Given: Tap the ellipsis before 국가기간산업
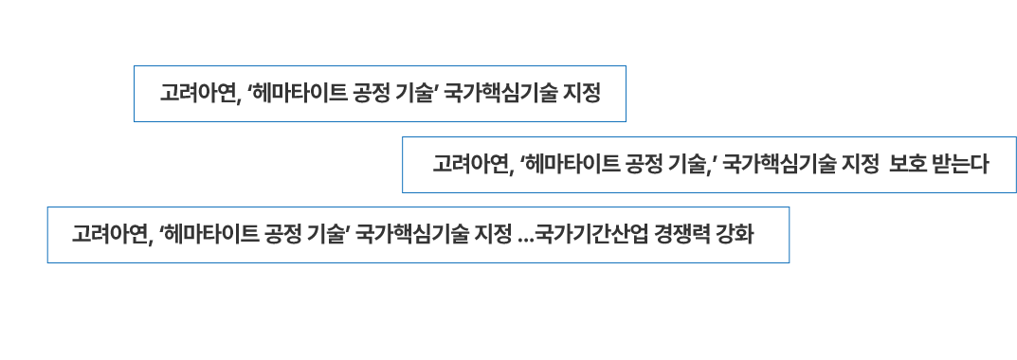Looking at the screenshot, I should pos(527,237).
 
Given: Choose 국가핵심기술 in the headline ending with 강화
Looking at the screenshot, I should pos(412,234).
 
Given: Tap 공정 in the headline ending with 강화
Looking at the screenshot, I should pos(288,234).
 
